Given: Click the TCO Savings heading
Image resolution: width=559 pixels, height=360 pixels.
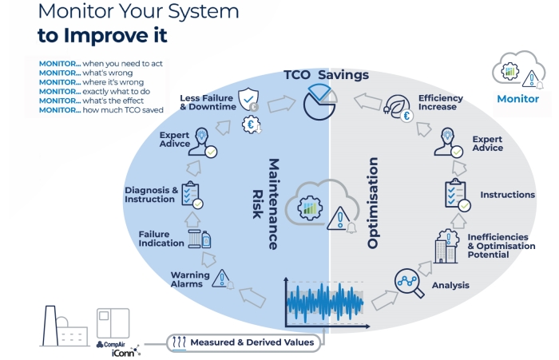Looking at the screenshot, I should tap(326, 75).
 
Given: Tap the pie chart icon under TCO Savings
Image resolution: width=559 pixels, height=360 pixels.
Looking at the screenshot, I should tap(319, 105).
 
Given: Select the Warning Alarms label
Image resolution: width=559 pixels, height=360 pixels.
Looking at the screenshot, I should tap(190, 279).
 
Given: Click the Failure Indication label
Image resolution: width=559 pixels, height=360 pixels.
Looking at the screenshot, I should tap(161, 239).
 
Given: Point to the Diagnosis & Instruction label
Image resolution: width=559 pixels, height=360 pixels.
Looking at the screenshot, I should tap(152, 194).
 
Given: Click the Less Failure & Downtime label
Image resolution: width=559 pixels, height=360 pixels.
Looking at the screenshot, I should tap(206, 102).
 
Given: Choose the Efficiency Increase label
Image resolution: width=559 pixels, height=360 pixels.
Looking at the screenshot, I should tap(440, 103).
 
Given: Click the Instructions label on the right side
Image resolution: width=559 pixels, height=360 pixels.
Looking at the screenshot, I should tap(507, 195).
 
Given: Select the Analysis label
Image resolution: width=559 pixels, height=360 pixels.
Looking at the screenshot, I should tap(450, 285).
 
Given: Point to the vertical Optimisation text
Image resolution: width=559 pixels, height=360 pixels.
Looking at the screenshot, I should tap(373, 203).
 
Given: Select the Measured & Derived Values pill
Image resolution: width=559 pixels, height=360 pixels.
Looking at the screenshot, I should tap(244, 342).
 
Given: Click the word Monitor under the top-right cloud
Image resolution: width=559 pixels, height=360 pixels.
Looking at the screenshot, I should tap(517, 99).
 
